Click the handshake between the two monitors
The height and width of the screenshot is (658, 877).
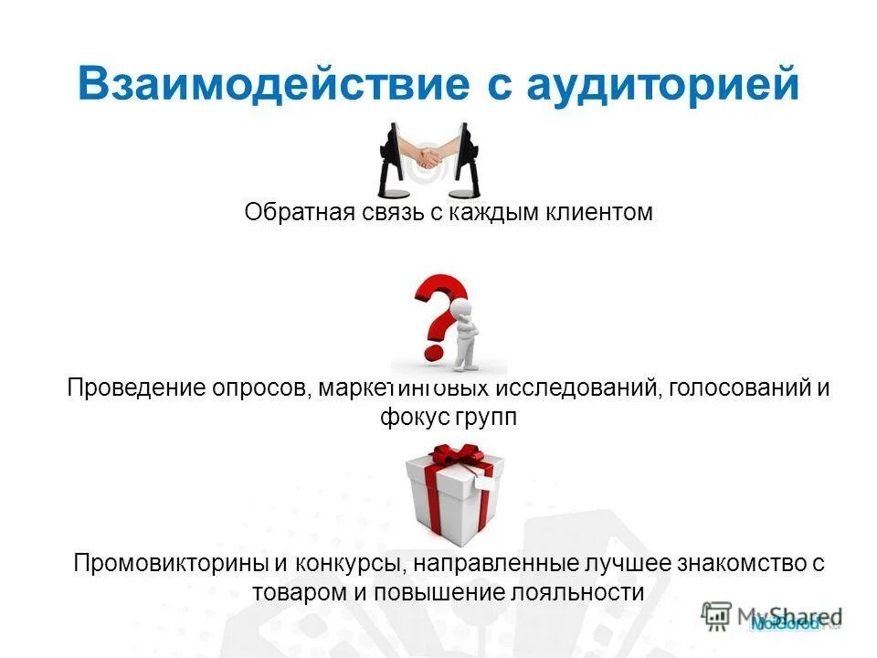click(429, 157)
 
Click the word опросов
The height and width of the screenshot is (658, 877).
click(265, 387)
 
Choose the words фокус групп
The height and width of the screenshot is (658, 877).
click(449, 418)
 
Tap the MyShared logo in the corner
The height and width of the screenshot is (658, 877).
click(773, 618)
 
